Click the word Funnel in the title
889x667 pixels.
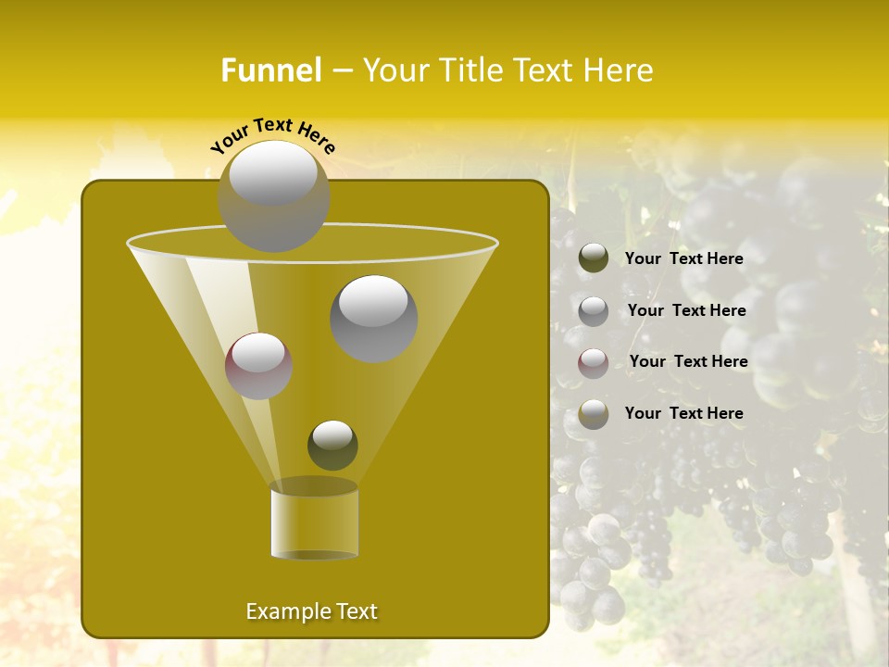(271, 70)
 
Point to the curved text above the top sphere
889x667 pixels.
(272, 135)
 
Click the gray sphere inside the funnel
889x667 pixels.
(373, 319)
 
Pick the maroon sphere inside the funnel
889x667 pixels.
(259, 366)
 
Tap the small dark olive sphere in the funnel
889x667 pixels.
(332, 446)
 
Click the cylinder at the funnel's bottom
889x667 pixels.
(315, 521)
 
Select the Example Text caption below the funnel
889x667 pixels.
(312, 611)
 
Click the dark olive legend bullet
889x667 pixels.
(594, 258)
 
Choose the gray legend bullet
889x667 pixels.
(594, 311)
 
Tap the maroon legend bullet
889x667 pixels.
(594, 363)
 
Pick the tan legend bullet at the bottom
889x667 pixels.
(594, 414)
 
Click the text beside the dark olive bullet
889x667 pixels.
(684, 259)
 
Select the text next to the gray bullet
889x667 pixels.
(687, 311)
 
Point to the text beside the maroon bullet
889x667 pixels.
(689, 362)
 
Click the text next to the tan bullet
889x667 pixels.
(684, 413)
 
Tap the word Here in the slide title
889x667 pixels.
(620, 70)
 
